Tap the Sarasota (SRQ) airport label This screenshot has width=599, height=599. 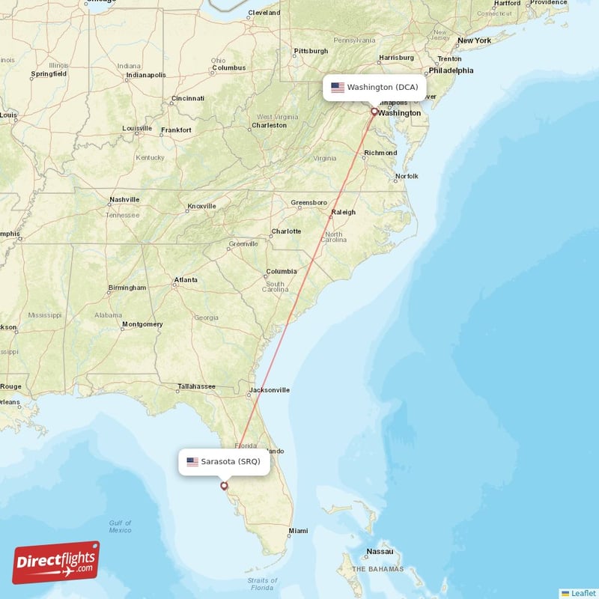point(231,461)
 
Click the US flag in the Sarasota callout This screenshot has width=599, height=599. point(192,461)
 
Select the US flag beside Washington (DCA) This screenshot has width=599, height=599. point(338,88)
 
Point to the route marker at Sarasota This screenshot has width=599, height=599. point(223,486)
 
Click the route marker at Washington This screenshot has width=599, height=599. point(374,112)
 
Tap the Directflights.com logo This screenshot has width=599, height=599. point(55,563)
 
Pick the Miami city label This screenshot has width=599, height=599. point(298,531)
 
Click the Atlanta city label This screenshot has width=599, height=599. point(186,280)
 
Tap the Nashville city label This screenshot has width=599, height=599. point(124,200)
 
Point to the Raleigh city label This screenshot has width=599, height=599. point(344,212)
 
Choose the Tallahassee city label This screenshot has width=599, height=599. point(196,386)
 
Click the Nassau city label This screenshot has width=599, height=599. point(380,552)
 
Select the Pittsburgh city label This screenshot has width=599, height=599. point(311,51)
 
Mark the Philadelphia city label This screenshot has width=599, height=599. point(451,70)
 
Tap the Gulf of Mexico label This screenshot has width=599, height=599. point(120,526)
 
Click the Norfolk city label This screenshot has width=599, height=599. point(407,176)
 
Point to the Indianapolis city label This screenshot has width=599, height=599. point(146,75)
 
